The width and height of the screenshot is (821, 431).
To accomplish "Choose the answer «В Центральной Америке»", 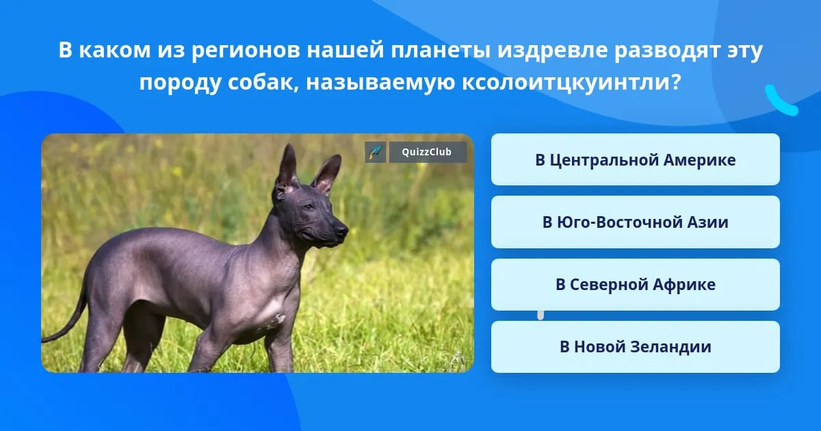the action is tap(635, 159).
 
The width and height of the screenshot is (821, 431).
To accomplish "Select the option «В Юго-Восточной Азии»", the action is tap(635, 222).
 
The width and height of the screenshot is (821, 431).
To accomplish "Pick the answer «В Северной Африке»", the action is tap(635, 285).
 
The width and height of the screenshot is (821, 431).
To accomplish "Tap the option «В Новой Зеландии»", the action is tap(635, 347).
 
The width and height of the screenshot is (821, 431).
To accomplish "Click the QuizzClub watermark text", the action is tap(426, 152).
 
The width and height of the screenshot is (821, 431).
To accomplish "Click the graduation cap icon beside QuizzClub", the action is tap(376, 152).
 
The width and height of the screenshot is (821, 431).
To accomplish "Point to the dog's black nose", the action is tap(342, 230).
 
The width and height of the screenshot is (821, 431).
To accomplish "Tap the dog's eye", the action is tap(309, 207).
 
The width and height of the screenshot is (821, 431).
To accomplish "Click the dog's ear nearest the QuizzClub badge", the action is tap(327, 174).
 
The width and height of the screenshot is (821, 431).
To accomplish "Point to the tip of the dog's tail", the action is tap(43, 340).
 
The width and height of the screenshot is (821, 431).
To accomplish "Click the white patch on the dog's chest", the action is tap(276, 319).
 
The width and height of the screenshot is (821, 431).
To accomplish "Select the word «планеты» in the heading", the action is tap(440, 50).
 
